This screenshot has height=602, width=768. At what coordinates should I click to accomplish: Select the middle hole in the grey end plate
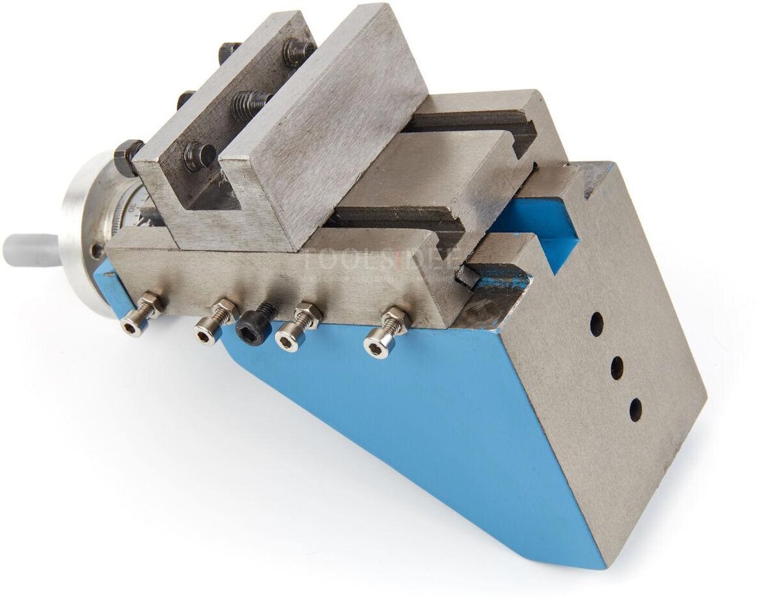[x=617, y=368]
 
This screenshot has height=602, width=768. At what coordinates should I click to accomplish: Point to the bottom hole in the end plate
[x=636, y=409]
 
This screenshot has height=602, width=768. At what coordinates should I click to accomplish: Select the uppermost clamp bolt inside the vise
[x=298, y=51]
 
